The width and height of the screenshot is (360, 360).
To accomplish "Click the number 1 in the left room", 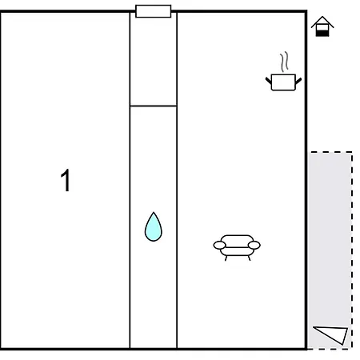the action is click(66, 180).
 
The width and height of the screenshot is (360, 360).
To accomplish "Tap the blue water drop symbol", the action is click(154, 227).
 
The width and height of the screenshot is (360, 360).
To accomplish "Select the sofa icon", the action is click(237, 248).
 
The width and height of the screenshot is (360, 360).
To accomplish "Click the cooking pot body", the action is click(283, 82).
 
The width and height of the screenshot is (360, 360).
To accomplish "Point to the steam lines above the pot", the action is click(284, 62).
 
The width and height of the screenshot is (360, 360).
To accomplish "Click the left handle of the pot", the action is click(268, 80).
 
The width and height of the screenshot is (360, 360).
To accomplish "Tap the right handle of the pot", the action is click(298, 81).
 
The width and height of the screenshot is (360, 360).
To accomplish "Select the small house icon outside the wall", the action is click(322, 26).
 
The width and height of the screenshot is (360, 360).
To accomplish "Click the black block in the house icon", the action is click(322, 34).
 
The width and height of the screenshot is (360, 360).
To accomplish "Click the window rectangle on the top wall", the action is click(154, 11).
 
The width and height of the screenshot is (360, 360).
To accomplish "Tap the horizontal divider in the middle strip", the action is click(154, 106).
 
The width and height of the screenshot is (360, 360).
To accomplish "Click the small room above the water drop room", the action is click(154, 59).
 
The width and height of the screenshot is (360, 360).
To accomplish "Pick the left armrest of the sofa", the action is click(219, 245).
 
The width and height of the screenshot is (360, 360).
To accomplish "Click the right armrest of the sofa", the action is click(254, 245).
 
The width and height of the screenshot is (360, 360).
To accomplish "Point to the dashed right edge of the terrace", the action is click(352, 250).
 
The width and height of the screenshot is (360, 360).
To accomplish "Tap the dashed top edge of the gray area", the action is click(330, 152).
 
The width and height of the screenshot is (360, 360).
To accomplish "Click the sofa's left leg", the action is click(226, 258).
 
